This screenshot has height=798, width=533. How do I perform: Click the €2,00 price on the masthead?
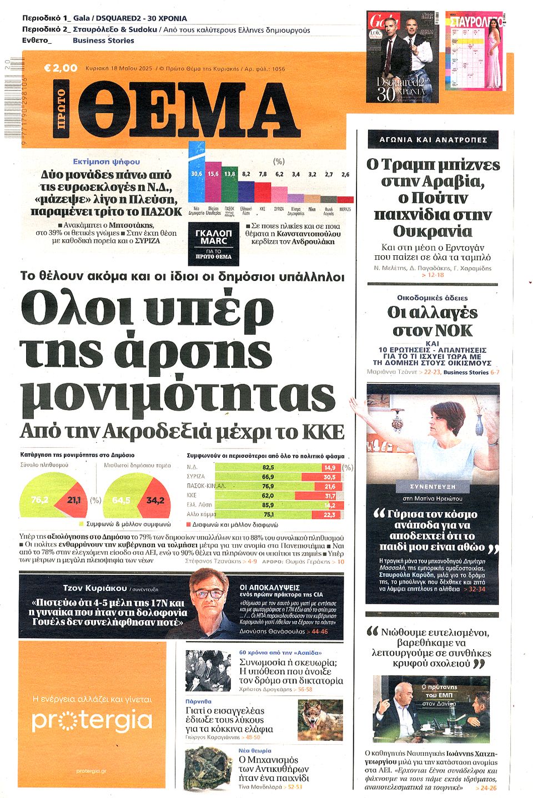tap(61, 68)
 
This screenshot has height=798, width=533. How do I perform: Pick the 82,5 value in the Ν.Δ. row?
tap(268, 467)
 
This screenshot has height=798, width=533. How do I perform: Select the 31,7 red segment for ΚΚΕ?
tap(330, 496)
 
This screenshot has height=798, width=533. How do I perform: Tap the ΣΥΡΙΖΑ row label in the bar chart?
tap(196, 477)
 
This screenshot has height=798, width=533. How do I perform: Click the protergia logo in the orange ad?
tap(92, 720)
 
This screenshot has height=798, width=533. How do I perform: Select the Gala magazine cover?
tap(403, 57)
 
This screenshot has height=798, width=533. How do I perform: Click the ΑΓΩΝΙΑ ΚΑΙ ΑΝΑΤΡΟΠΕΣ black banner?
tap(433, 140)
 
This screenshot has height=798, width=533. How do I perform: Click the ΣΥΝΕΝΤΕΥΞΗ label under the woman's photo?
tap(433, 486)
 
